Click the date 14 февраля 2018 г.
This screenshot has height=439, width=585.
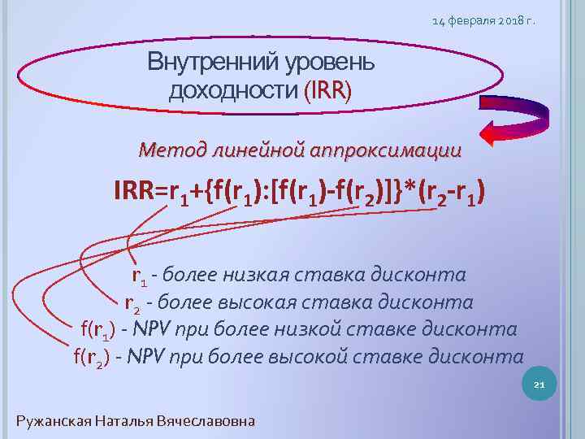pos(484,20)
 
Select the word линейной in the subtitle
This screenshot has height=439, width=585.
pos(258,150)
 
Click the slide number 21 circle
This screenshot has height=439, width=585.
pos(539,385)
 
